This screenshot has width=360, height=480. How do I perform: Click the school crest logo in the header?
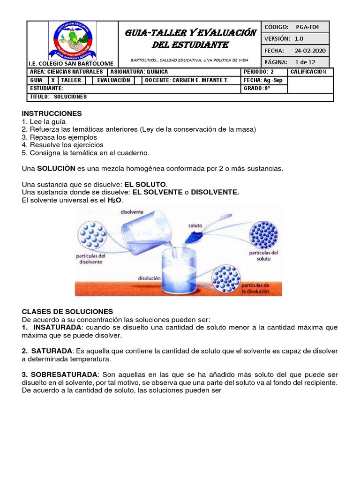click(x=72, y=40)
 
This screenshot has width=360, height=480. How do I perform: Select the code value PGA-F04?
click(x=307, y=27)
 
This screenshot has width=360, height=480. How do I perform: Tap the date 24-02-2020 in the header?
click(x=310, y=51)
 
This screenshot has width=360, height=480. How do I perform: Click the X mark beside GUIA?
click(x=53, y=80)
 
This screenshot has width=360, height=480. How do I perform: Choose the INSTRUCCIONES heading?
click(x=52, y=113)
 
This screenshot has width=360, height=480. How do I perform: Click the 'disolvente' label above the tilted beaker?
click(x=132, y=211)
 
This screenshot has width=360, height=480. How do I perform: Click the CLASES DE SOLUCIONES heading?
click(x=67, y=311)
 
